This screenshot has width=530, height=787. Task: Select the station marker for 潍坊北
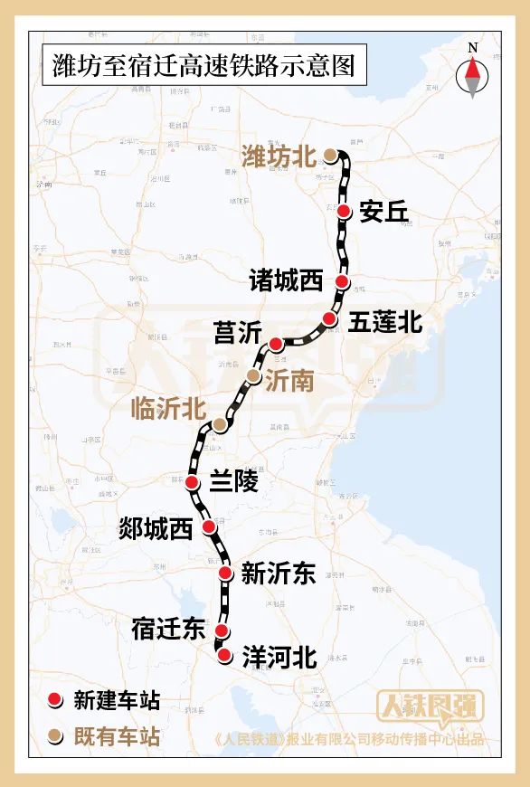(x=331, y=156)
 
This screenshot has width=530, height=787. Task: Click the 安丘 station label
(x=383, y=212)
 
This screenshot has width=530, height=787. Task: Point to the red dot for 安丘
(x=345, y=211)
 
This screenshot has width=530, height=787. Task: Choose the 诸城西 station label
(x=286, y=281)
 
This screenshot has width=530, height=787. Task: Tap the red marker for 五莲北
(x=329, y=318)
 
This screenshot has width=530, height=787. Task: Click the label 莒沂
(x=237, y=333)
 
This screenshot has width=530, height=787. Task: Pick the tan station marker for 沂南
(x=254, y=375)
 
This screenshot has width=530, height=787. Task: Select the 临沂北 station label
(x=168, y=409)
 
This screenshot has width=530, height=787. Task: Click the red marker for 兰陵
(x=193, y=483)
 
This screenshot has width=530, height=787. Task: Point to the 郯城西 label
(x=156, y=528)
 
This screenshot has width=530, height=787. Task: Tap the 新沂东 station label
(x=279, y=573)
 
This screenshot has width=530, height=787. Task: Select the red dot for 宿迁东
(x=221, y=631)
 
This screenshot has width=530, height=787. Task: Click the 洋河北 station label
(x=279, y=658)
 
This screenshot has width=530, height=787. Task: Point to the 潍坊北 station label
(x=279, y=156)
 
